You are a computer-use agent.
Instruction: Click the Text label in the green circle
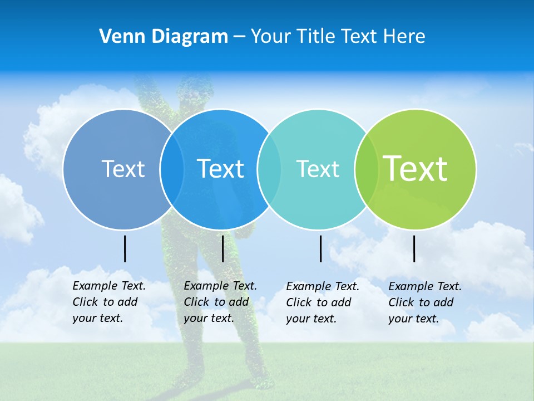pos(416,168)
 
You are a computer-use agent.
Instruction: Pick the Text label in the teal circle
pos(318,169)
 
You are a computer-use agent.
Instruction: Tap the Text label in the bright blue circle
pos(221,168)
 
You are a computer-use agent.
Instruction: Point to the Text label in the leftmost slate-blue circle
pos(123,168)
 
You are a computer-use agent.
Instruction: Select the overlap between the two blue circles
pos(172,169)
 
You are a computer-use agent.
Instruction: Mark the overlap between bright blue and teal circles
pos(269,169)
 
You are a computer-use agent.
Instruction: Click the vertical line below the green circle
pos(414,248)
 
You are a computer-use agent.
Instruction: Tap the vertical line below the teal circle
pos(321,248)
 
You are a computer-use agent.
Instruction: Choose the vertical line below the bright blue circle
pos(223,248)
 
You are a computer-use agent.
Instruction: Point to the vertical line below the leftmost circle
pos(125,248)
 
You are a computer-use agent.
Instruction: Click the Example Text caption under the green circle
pos(424,302)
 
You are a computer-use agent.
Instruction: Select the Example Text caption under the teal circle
pos(322,302)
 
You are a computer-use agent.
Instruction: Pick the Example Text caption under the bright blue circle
pos(220,302)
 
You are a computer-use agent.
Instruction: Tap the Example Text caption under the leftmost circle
pos(108,302)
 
